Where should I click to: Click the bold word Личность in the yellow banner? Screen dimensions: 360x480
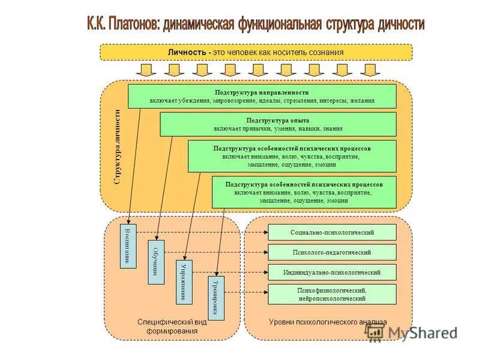click(188, 52)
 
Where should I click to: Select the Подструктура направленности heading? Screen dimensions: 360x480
click(262, 92)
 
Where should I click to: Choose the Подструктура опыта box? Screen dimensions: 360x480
click(278, 124)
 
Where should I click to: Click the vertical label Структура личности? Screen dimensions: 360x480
click(118, 146)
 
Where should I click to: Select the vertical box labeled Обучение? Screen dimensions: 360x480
click(156, 262)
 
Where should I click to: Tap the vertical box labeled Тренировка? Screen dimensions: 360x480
click(215, 298)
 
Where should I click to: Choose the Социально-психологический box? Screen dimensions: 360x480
click(332, 232)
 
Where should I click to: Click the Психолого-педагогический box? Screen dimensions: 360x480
click(332, 252)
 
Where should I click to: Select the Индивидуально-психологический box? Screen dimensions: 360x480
click(332, 272)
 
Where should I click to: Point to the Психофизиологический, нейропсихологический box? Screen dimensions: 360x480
click(332, 294)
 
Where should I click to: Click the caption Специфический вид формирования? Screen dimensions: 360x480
click(172, 326)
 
